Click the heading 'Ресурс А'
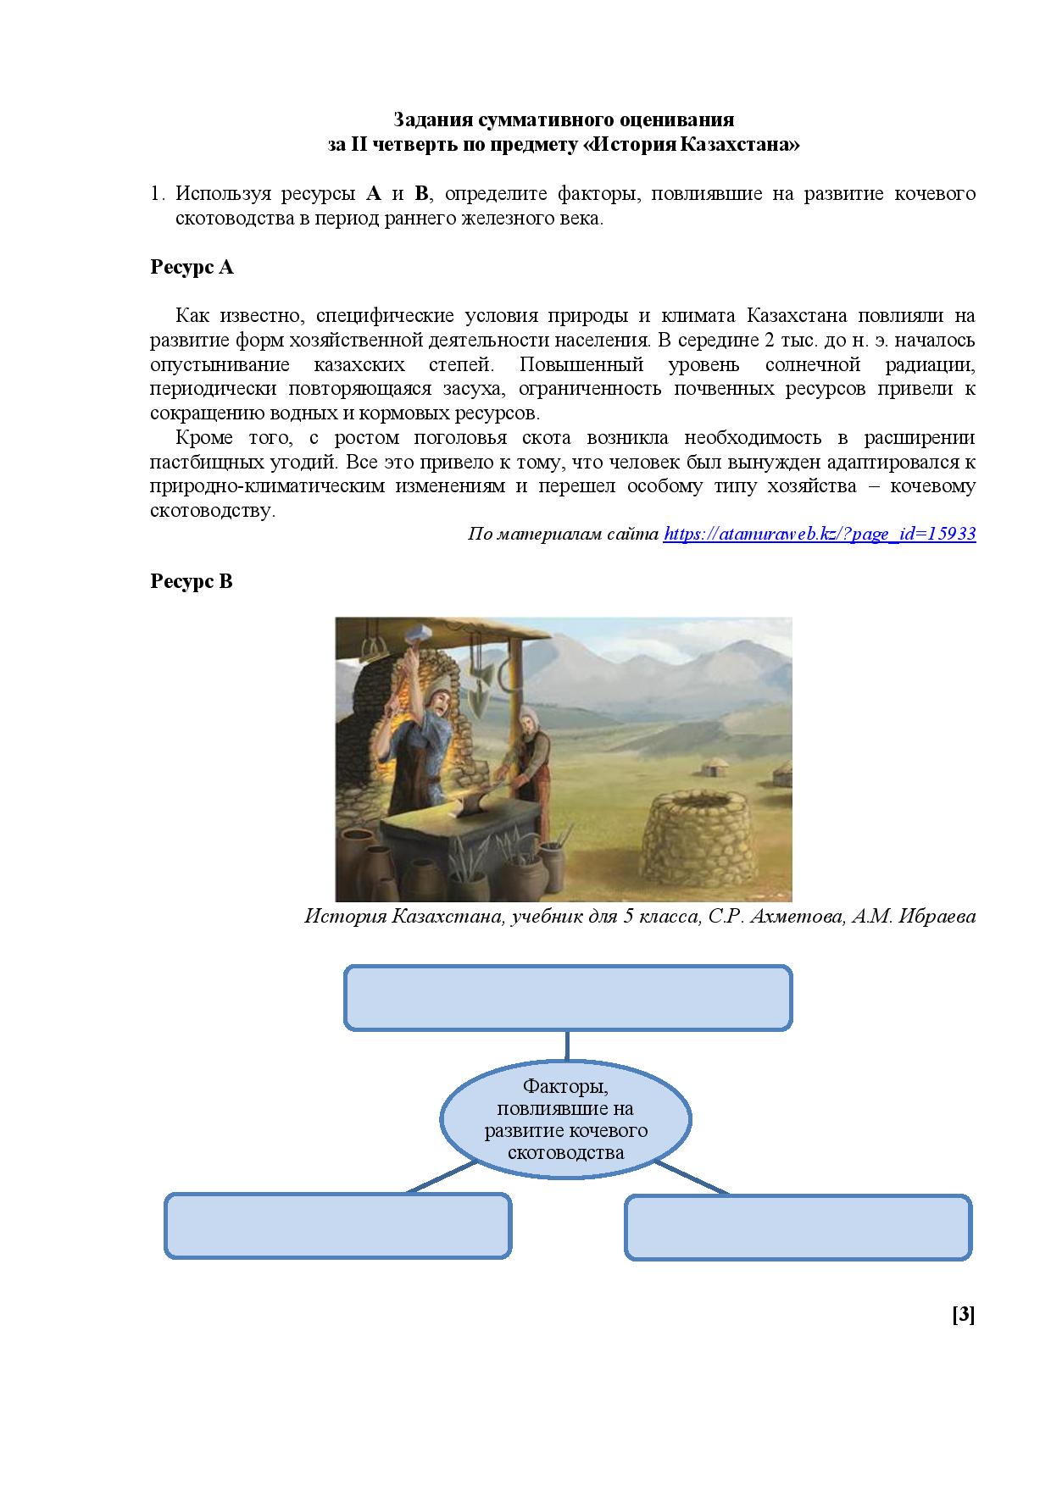(192, 268)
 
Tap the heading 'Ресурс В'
(192, 582)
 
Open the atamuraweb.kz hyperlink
(820, 534)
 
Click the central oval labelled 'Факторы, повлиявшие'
(566, 1118)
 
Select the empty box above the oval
(567, 997)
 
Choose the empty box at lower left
(337, 1226)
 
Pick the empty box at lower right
(798, 1226)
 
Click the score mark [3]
(964, 1314)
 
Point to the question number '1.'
(157, 194)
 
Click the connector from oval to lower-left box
(441, 1177)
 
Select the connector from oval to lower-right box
(692, 1177)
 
